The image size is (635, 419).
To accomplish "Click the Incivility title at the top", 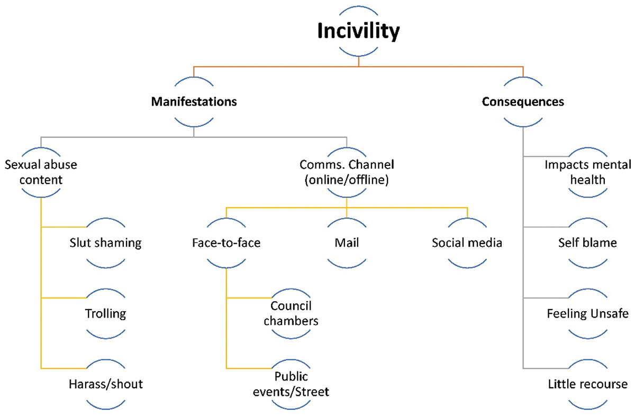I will click(x=358, y=31).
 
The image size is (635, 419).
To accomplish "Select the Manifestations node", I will click(x=194, y=101).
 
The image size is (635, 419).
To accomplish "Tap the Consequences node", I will click(x=523, y=101).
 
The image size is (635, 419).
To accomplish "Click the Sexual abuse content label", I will click(x=41, y=172).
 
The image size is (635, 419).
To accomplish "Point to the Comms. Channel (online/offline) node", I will click(x=347, y=172).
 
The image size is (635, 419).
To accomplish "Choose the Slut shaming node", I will click(x=106, y=243).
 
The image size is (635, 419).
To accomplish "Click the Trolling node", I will click(x=106, y=313).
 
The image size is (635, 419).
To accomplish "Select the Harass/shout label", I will click(x=106, y=384).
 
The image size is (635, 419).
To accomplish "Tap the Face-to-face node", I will click(x=226, y=243).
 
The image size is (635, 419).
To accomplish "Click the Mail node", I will click(x=347, y=243).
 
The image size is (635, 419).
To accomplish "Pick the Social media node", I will click(x=467, y=243).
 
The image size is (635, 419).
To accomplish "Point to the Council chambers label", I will click(x=291, y=313).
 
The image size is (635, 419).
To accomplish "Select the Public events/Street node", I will click(x=291, y=384).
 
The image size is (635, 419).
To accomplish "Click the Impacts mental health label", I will click(x=587, y=172).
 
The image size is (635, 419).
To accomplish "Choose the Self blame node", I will click(x=587, y=243).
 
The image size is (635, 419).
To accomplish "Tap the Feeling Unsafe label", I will click(x=587, y=314).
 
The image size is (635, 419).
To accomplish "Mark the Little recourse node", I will click(x=587, y=384).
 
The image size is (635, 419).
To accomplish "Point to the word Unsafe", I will click(x=609, y=314).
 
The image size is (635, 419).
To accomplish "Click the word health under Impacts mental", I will click(x=587, y=180).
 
